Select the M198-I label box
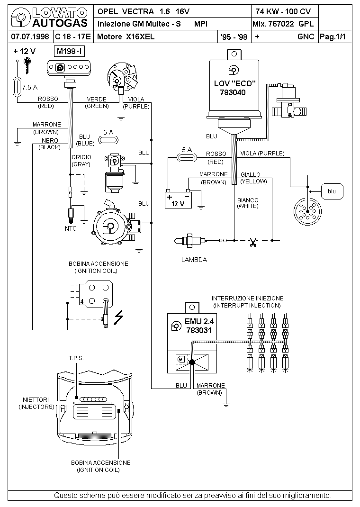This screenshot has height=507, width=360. coord(70,51)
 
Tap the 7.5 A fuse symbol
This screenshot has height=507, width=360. coord(17,87)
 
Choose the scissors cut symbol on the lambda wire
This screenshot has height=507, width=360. coord(253,242)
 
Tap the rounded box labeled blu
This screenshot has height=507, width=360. coord(332,191)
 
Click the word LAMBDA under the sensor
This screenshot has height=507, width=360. coord(194,260)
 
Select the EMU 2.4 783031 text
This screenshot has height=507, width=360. coord(199,326)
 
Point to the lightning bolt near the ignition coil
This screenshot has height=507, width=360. coord(119,317)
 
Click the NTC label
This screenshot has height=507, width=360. coord(71,228)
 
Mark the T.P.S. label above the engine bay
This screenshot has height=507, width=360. coord(76,358)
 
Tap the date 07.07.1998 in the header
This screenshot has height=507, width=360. coord(30,36)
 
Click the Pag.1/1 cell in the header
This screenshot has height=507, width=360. coord(333,36)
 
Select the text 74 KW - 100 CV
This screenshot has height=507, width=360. coord(283,12)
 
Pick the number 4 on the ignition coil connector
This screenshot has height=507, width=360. coord(82,302)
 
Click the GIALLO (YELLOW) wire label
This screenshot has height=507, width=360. coord(254,178)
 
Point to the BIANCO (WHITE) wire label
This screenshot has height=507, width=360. coord(248,203)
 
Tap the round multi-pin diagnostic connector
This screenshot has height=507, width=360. coord(307,211)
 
